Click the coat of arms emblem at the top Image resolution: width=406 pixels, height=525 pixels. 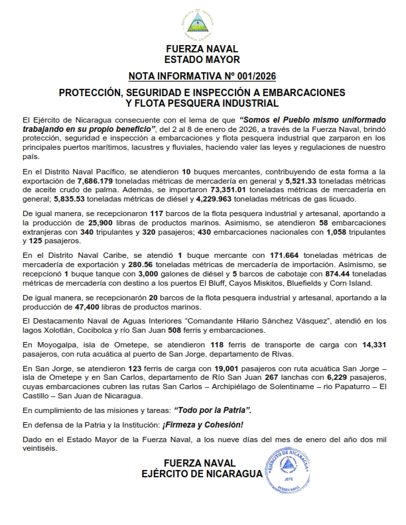[203, 22]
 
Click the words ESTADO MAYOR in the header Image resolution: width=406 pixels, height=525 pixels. [202, 58]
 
